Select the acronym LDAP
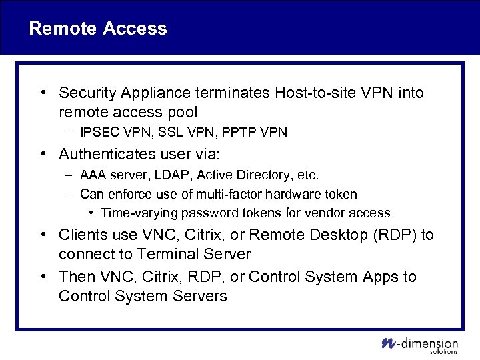tap(161, 175)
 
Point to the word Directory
tap(251, 175)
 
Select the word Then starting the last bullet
tap(77, 277)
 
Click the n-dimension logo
tap(420, 343)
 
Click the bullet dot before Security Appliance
tap(42, 93)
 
